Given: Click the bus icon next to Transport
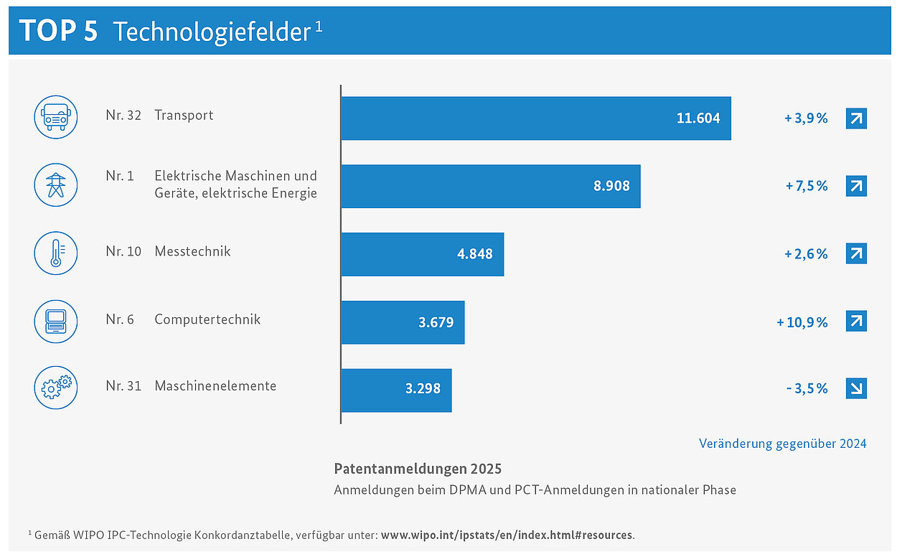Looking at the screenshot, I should coord(56,117).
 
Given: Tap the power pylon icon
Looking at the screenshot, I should coord(56,185).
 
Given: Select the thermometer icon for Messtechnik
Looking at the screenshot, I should coord(56,253).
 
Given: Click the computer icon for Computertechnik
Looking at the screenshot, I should coord(56,322).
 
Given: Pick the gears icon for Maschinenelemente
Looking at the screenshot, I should coord(56,388).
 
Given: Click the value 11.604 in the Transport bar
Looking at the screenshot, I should coord(698,118).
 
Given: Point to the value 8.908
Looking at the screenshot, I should coord(611,186).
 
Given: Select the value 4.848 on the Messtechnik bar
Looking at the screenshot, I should coord(474,253).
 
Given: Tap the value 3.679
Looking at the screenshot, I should coord(436,322).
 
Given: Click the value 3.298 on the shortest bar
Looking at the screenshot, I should coord(423,388).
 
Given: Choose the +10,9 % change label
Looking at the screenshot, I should coord(802,322).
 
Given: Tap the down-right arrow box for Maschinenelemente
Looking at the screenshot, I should coord(856,388).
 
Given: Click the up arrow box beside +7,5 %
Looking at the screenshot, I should coord(856,186).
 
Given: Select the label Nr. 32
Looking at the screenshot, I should coord(123,116).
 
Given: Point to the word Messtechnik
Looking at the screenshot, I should coord(192,251).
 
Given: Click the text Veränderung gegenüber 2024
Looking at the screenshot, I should coord(782,444).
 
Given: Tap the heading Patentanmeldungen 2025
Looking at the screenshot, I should coord(418,469).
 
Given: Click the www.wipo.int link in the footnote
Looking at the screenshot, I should coord(507,535).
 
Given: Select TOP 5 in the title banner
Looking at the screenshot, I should coord(58,32).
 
